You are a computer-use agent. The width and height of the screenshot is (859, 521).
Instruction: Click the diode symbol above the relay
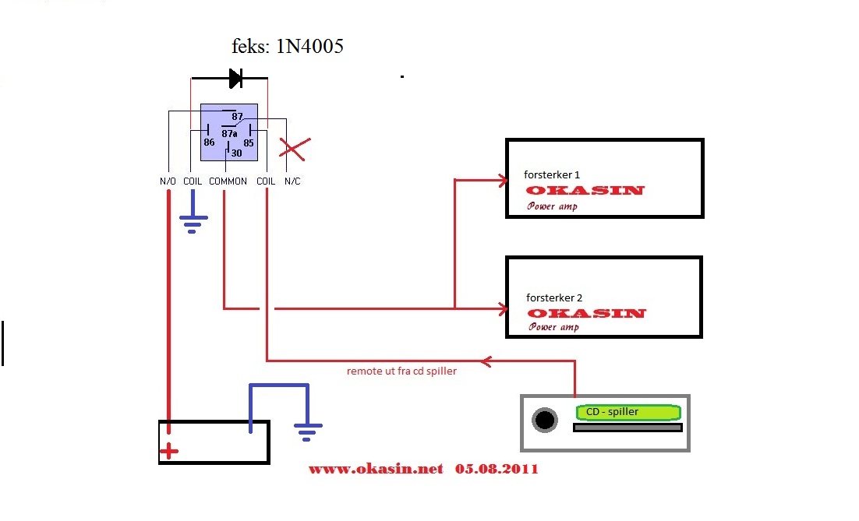coord(235,78)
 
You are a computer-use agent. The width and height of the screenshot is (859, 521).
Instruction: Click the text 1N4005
coord(309,47)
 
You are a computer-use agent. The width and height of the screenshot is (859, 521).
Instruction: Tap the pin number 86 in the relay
coord(209,143)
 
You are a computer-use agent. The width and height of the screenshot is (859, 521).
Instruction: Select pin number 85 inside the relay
coord(248,143)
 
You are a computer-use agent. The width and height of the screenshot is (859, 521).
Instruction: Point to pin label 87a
coord(229,134)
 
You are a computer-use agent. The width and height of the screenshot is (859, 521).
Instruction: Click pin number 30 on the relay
coord(236,153)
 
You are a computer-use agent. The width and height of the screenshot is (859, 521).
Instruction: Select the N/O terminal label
coord(168,181)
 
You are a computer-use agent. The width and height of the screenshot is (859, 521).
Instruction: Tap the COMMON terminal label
coord(228,181)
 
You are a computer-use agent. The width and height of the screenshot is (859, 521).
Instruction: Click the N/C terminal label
coord(292,181)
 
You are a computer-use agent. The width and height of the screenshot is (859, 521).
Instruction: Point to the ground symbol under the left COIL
coord(192,224)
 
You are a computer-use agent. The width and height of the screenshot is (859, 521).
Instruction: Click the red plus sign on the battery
coord(168,451)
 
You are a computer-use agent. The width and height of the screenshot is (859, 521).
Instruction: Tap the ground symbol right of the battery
coord(308,431)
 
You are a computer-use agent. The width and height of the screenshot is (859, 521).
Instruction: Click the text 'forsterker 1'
coord(552,175)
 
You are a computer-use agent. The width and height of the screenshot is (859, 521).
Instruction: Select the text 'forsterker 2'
coord(554,297)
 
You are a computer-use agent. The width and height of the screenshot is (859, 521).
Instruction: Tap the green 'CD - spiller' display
coord(627,412)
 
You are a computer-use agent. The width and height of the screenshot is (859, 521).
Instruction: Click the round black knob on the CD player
coord(545,421)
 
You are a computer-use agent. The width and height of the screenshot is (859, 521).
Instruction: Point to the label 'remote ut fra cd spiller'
coord(401,371)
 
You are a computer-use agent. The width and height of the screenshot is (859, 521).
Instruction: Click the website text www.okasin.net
coord(376,469)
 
